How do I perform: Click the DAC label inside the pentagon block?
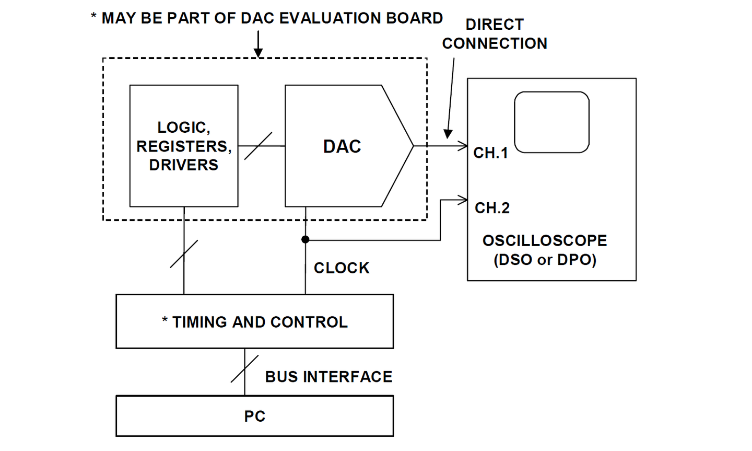(342, 146)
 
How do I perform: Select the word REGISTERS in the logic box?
(184, 146)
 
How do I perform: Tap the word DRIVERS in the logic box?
(184, 165)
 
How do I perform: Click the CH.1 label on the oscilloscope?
(490, 153)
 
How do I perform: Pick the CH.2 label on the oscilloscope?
(492, 208)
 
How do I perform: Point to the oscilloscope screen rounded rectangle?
(551, 122)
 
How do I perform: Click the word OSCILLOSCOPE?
(545, 241)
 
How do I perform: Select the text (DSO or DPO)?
(545, 260)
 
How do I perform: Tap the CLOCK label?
(342, 268)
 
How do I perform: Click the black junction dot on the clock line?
(305, 239)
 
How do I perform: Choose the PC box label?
(255, 417)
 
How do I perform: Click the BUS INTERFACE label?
(328, 377)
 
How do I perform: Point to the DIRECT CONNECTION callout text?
(495, 34)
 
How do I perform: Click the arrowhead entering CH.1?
(463, 146)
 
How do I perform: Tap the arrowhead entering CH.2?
(463, 200)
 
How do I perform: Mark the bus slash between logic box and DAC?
(258, 146)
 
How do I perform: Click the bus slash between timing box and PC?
(245, 369)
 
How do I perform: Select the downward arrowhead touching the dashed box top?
(258, 52)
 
